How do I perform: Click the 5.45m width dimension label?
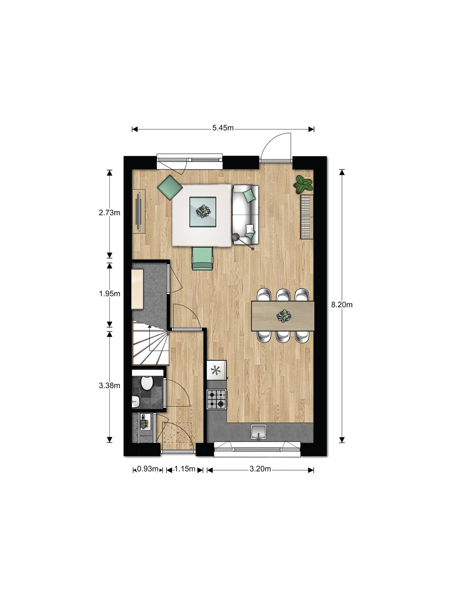click(x=223, y=128)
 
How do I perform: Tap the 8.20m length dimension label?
click(x=342, y=305)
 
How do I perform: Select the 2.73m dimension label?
click(x=110, y=213)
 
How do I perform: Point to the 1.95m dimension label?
click(x=110, y=294)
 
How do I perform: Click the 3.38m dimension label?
click(x=110, y=386)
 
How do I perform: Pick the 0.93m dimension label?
click(x=148, y=469)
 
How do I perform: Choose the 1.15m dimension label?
click(x=185, y=469)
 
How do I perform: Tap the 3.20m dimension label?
click(x=260, y=469)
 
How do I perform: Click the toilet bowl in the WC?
click(x=146, y=383)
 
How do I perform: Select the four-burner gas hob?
click(x=217, y=399)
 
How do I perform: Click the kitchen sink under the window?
click(x=259, y=432)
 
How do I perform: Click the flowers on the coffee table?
click(x=203, y=211)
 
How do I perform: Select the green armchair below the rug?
click(x=202, y=258)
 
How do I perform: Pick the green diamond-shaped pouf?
click(x=170, y=187)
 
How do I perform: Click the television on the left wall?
click(x=139, y=211)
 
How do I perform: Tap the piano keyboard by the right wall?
click(x=307, y=217)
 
